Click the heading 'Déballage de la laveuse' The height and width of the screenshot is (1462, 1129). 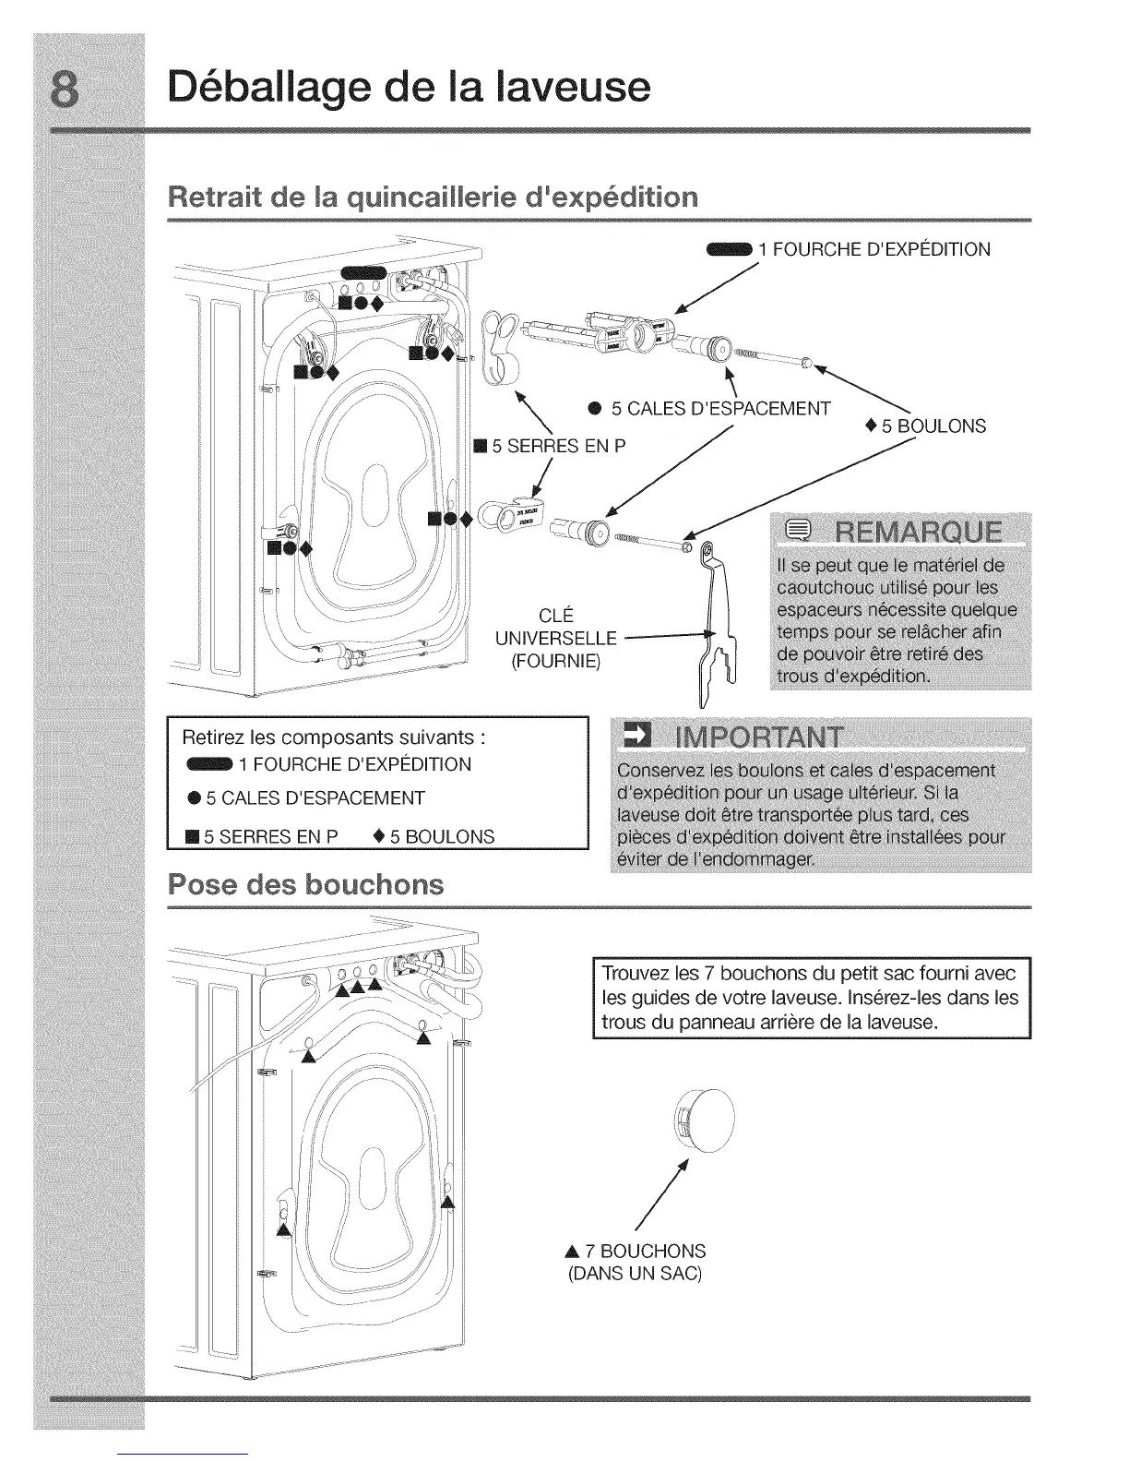point(410,87)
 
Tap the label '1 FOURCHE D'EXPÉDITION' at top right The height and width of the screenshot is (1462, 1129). point(873,249)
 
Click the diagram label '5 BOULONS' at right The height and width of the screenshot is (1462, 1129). point(933,426)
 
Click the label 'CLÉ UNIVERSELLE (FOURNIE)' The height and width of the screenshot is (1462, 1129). point(555,638)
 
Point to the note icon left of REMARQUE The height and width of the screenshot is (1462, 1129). point(797,533)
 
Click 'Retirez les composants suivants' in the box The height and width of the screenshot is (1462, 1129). point(334,737)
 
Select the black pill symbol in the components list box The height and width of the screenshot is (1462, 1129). point(209,764)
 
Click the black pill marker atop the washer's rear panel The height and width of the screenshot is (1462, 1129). point(364,270)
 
